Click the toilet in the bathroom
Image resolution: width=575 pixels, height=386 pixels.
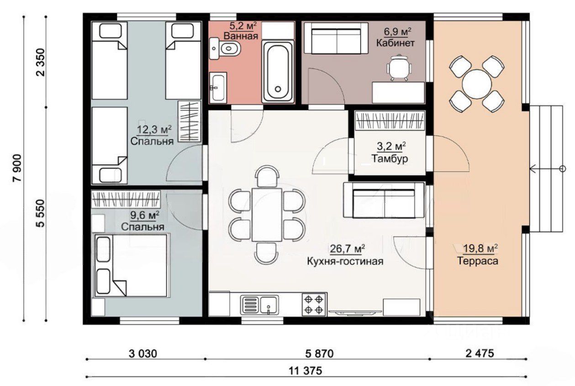tap(225, 48)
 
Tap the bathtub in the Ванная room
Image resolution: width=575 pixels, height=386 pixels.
tap(278, 71)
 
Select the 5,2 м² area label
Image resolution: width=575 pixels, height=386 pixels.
tap(243, 26)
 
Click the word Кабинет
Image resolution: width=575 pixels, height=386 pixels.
tap(396, 43)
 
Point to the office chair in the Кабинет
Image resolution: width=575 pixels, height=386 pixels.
tap(399, 68)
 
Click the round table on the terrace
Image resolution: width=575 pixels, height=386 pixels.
tap(477, 84)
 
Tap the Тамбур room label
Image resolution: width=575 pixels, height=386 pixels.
tap(390, 159)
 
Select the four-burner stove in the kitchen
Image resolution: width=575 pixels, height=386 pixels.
tap(314, 304)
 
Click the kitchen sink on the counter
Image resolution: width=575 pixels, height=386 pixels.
tap(259, 305)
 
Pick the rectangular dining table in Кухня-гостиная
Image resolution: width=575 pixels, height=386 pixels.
tap(267, 215)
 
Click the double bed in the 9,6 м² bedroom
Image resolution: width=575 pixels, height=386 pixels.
tap(132, 265)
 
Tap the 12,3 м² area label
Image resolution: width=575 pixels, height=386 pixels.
tap(154, 130)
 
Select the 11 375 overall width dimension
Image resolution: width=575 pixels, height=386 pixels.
tap(305, 371)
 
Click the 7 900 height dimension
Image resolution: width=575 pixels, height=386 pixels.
tap(17, 168)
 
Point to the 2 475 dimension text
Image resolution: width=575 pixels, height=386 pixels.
tap(480, 354)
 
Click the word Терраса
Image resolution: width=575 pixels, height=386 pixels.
tap(477, 261)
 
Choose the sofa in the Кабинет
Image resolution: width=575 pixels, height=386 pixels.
tap(336, 38)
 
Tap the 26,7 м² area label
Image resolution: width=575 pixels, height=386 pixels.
tap(348, 249)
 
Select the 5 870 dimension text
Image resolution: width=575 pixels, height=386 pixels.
tap(319, 354)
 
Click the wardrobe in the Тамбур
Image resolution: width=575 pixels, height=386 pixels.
tap(390, 121)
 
